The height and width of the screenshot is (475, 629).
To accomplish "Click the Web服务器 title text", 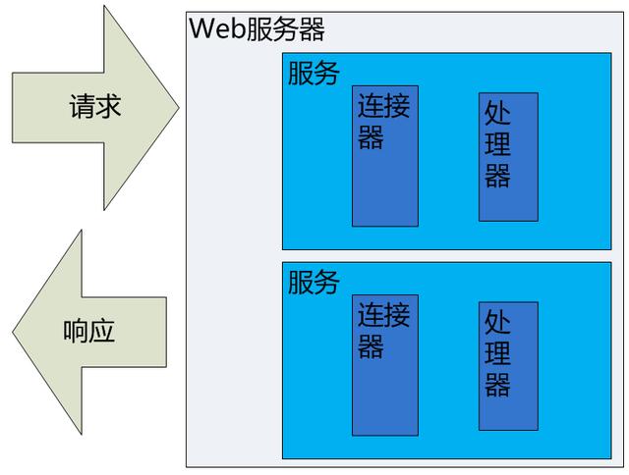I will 257,28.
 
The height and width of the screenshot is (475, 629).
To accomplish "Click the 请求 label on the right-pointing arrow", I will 95,106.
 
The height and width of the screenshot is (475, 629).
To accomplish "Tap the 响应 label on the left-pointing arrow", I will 89,330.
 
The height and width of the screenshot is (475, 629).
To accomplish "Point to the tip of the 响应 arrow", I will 13,331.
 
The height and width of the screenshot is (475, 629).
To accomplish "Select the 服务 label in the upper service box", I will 314,74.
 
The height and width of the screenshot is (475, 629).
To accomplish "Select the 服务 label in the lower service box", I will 314,283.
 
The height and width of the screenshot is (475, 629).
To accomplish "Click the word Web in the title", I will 210,28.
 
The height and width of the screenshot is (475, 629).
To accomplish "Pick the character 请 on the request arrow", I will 82,106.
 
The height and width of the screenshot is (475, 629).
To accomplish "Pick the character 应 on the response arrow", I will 102,330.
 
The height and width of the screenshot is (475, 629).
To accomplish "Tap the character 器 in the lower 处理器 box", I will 498,385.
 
